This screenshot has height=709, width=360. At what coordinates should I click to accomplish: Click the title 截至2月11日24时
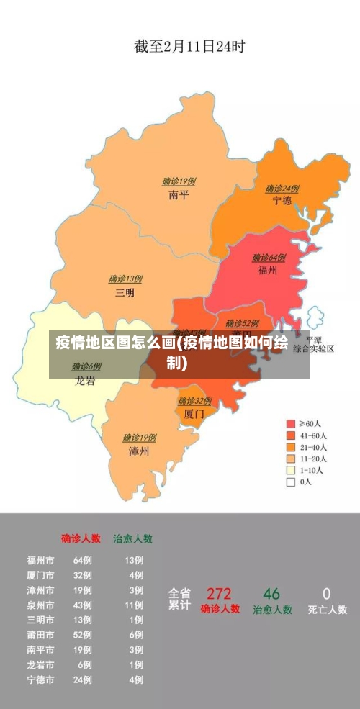click(189, 47)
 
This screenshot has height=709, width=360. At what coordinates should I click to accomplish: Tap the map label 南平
click(179, 194)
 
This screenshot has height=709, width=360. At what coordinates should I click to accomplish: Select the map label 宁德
click(282, 201)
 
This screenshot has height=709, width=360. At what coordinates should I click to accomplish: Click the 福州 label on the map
click(269, 271)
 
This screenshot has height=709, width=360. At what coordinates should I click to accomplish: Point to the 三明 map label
click(125, 292)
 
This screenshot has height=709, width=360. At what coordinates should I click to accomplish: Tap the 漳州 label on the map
click(139, 451)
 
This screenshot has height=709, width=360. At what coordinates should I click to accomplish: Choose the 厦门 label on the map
click(194, 414)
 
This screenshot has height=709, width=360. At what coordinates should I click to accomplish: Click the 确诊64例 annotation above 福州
click(269, 258)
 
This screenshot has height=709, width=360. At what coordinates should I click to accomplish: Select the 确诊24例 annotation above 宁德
click(282, 189)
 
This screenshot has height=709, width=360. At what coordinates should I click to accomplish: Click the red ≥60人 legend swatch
click(291, 423)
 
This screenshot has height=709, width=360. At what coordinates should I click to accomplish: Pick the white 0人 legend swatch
click(291, 482)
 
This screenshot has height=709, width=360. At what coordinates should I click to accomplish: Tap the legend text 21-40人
click(314, 447)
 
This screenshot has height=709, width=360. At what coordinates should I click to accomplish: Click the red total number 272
click(219, 594)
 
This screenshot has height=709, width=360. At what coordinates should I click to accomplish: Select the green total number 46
click(271, 594)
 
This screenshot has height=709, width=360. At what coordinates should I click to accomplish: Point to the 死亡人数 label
click(327, 610)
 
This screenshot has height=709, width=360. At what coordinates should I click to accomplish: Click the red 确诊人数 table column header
click(81, 538)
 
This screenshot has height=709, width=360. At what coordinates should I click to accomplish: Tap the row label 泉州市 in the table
click(40, 605)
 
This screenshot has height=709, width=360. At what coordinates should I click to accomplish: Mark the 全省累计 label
click(179, 600)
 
